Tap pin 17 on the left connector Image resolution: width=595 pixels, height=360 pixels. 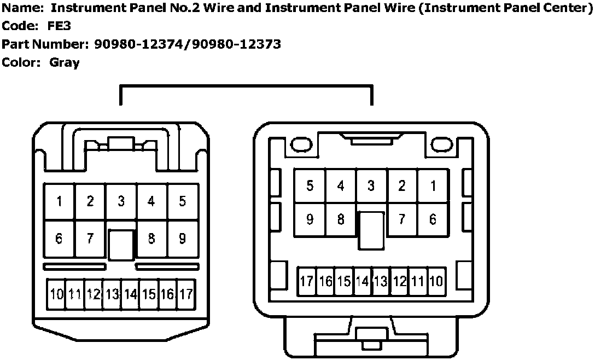186,294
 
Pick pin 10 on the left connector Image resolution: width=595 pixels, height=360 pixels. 56,294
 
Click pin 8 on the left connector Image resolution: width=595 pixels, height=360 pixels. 151,239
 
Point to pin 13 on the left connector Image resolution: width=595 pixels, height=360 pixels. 112,294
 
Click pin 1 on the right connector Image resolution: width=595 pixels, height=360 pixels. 433,186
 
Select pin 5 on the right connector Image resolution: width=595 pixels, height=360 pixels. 310,186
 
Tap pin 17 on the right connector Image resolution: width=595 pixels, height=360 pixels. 307,282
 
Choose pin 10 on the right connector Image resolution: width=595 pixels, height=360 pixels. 436,282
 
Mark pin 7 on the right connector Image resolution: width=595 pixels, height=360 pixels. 402,220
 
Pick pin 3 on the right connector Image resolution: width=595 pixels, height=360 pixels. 371,186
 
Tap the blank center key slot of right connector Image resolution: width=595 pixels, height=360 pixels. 371,230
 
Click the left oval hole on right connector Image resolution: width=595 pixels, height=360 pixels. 299,144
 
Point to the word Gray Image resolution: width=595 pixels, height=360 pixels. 65,62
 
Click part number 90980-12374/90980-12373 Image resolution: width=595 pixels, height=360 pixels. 188,44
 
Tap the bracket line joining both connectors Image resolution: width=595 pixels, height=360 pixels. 246,86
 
